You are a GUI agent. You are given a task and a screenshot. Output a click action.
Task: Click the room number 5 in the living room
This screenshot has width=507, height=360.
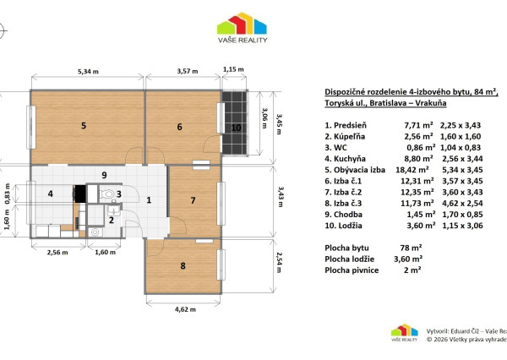84,126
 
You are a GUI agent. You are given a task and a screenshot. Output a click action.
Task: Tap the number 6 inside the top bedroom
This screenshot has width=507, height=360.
179,127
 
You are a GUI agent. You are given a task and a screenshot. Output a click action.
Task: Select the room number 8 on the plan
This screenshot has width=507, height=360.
183,266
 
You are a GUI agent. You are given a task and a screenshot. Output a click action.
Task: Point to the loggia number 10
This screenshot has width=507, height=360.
236,128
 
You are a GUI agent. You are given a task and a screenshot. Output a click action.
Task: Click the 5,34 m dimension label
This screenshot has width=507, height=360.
88,72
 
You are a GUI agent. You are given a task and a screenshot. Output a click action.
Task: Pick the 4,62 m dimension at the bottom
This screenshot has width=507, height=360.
185,309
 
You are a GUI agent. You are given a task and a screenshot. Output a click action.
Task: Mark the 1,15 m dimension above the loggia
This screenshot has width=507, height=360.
233,69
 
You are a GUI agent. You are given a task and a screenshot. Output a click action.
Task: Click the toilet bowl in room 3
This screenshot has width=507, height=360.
107,194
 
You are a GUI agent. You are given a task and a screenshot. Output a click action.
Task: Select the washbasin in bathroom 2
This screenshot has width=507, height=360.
113,210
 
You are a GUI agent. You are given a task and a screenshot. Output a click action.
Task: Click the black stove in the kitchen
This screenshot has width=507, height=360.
79,194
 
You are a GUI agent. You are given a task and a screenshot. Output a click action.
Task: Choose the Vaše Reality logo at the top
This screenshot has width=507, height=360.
243,28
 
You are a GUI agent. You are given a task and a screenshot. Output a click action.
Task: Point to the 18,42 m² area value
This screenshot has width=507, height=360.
412,170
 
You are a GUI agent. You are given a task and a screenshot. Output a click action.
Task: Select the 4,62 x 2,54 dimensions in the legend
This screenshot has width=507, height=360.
462,204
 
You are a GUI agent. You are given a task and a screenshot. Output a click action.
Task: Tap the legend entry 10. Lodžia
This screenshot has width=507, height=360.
343,226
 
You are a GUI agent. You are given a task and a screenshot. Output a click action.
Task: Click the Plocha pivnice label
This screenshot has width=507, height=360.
352,270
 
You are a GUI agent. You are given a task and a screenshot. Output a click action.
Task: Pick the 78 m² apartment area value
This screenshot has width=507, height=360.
411,248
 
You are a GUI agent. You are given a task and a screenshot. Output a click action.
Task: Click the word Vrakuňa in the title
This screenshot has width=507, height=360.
431,103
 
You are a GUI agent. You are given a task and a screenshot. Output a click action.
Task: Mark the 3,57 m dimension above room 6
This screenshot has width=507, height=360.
188,71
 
